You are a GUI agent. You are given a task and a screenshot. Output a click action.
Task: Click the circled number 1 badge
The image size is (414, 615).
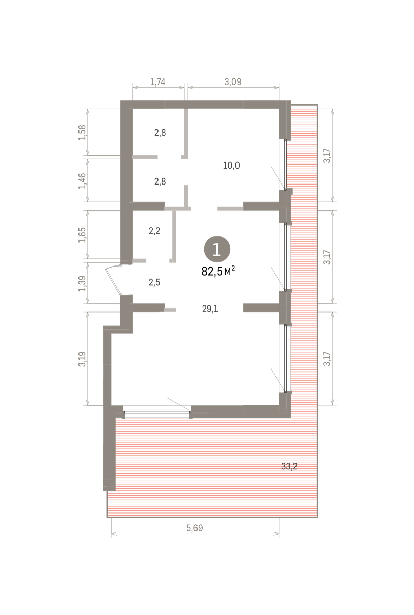(x=217, y=249)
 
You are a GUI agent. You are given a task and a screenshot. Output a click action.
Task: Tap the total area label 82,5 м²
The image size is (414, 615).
(x=218, y=271)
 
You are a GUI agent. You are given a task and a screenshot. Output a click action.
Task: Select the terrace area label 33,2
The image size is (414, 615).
(x=289, y=466)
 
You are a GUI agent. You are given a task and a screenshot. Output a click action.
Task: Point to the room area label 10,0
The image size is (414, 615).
(x=231, y=166)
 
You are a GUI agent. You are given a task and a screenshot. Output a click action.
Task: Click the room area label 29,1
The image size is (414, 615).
(x=210, y=309)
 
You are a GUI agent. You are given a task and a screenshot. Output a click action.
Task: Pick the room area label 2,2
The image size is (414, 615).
(x=154, y=231)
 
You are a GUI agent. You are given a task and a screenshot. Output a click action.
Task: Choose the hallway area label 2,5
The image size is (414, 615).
(x=154, y=282)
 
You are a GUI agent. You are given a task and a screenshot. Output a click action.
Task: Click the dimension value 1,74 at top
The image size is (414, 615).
(x=158, y=82)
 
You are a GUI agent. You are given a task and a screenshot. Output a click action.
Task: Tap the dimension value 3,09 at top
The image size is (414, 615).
(x=233, y=82)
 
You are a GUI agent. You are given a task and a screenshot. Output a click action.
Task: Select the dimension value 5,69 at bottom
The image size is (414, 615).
(x=194, y=528)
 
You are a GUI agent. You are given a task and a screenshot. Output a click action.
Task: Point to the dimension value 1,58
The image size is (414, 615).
(x=82, y=133)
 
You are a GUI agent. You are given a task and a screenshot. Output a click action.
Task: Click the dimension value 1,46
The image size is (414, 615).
(x=82, y=181)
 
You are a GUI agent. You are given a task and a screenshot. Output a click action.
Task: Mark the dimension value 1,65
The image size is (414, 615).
(x=82, y=235)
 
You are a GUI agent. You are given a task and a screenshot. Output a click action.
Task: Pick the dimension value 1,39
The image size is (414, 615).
(x=82, y=283)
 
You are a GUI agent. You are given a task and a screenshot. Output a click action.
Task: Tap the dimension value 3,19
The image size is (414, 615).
(x=82, y=359)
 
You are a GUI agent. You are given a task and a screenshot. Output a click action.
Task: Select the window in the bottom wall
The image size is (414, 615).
(x=156, y=412)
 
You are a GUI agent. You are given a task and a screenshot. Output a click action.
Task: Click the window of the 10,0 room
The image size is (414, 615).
(x=285, y=165)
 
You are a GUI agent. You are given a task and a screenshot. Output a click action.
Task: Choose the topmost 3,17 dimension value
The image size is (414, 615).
(x=327, y=156)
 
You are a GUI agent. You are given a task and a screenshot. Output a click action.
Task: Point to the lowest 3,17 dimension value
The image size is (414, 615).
(x=327, y=359)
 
